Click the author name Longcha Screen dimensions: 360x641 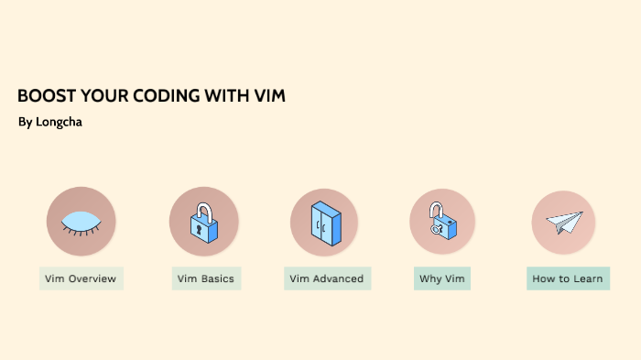coord(59,122)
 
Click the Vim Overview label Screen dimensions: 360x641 coord(81,278)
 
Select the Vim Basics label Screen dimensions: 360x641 coord(206,278)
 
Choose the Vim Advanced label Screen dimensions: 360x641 coord(327,278)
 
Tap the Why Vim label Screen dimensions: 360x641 coord(442,278)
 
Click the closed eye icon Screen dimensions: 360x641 coord(81,222)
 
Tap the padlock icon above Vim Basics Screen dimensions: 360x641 coord(204,222)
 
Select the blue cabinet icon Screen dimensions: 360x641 coord(325,222)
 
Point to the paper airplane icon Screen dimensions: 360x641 coord(564,223)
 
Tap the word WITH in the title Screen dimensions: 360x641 coord(230,96)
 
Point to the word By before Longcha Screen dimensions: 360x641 coord(25,122)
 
